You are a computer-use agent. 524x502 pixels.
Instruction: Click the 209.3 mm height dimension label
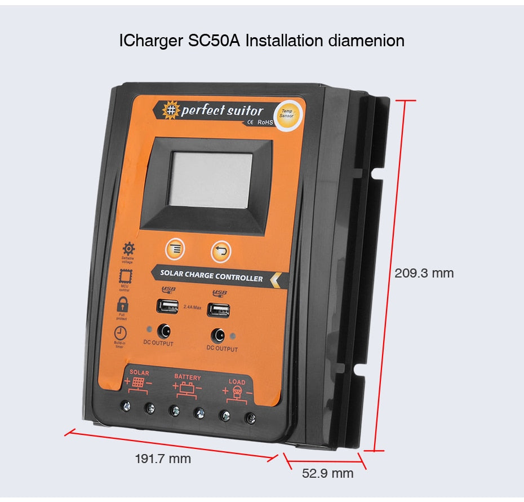(424, 273)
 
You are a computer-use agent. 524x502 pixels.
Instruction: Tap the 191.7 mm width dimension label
(163, 459)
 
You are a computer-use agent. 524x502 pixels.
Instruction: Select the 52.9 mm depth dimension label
(328, 473)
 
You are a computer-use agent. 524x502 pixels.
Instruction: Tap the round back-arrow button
(221, 252)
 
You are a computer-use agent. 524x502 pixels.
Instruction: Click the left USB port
(167, 306)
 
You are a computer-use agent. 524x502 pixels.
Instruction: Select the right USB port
(218, 310)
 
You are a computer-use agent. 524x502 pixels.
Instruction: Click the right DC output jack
(218, 336)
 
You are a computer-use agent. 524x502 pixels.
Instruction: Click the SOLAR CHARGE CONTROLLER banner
(212, 277)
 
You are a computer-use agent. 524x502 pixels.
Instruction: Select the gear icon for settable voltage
(128, 248)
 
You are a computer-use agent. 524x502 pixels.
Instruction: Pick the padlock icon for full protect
(122, 305)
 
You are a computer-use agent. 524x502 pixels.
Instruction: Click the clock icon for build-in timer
(120, 333)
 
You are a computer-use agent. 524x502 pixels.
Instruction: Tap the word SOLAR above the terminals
(139, 373)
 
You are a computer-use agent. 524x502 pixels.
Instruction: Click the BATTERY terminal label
(187, 376)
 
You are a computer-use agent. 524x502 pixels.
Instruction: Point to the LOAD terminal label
(237, 382)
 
